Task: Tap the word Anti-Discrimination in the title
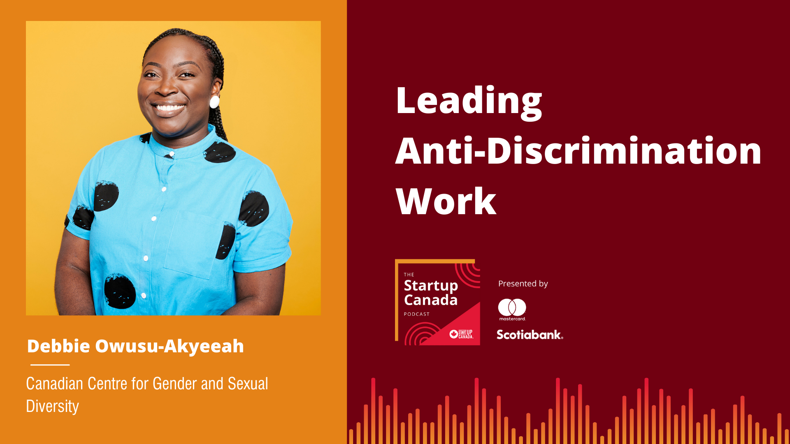[x=579, y=151]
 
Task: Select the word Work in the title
[x=446, y=201]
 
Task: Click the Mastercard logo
[x=512, y=310]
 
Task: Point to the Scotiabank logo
[x=530, y=335]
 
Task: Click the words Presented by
[x=523, y=284]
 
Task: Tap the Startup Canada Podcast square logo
[x=437, y=302]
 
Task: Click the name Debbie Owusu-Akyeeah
[x=135, y=346]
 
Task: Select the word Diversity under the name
[x=52, y=406]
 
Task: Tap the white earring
[x=214, y=102]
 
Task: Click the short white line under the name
[x=50, y=365]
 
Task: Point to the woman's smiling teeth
[x=169, y=108]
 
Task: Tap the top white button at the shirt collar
[x=172, y=154]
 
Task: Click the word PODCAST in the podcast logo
[x=417, y=314]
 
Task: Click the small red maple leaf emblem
[x=453, y=334]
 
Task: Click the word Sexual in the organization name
[x=248, y=384]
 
